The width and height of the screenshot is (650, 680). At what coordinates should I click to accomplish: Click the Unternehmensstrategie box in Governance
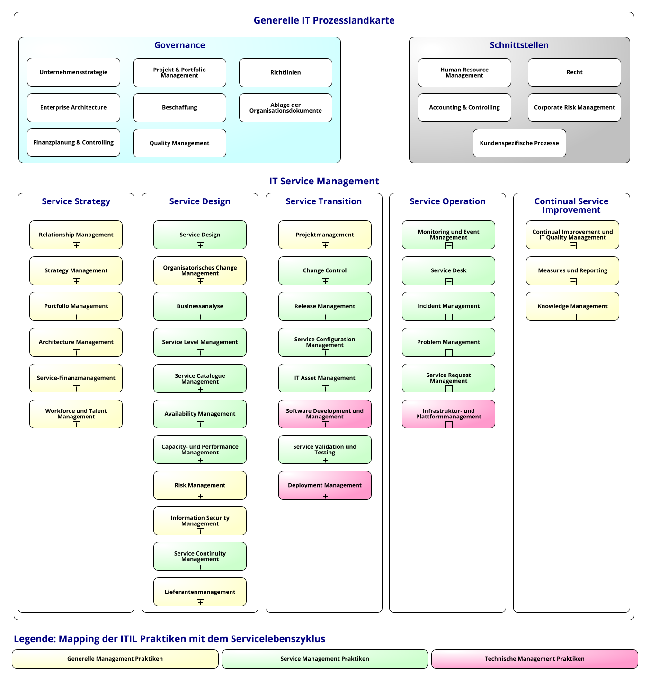(x=73, y=72)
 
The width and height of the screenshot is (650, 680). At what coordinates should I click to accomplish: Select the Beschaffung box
(x=179, y=108)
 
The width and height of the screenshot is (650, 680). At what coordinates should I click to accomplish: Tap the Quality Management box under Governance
(x=179, y=143)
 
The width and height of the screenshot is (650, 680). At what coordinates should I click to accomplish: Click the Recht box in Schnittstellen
(x=574, y=72)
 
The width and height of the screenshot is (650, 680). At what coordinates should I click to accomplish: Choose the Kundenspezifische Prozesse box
(x=519, y=143)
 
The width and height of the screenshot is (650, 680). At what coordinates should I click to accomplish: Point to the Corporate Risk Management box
(x=574, y=108)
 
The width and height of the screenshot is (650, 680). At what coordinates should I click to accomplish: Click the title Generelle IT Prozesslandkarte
(x=324, y=21)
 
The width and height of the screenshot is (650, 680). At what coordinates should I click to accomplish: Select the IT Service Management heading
(x=324, y=181)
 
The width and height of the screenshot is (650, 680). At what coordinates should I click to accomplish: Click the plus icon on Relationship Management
(x=76, y=245)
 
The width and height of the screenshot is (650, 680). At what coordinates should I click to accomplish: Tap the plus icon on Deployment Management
(x=325, y=496)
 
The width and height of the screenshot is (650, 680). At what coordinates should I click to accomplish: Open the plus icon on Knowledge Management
(x=573, y=317)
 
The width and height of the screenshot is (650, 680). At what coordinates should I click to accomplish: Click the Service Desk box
(x=448, y=271)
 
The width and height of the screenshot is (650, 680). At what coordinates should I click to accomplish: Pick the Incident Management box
(x=448, y=306)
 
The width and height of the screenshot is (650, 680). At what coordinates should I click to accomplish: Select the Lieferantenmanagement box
(x=200, y=592)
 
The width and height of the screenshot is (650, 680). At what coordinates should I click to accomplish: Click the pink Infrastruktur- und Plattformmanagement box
(x=448, y=414)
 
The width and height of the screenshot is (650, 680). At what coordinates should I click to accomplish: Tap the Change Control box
(x=325, y=271)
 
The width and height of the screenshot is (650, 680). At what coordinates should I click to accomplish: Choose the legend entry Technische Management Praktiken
(x=534, y=659)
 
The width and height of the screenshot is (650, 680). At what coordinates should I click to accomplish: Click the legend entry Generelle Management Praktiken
(x=115, y=659)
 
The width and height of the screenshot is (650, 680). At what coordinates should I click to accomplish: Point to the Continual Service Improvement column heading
(x=571, y=206)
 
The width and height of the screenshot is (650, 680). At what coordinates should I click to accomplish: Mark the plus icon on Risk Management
(x=200, y=496)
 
